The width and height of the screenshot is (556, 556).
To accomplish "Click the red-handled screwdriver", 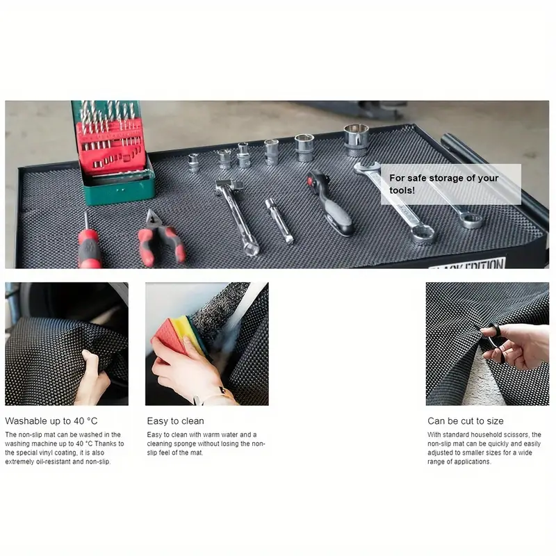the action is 88,245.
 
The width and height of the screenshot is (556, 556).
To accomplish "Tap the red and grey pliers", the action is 160,238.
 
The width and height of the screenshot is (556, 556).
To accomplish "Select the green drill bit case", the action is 113,152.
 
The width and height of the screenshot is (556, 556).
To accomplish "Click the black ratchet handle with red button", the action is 330,202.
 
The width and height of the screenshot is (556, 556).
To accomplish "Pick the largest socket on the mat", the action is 357,140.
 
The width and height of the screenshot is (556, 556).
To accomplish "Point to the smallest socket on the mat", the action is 194,163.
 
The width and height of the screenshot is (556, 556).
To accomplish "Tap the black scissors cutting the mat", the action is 491,341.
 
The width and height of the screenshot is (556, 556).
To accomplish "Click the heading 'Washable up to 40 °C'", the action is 51,421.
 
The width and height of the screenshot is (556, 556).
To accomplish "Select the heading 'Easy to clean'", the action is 176,421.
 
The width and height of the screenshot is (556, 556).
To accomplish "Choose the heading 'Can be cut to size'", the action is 465,421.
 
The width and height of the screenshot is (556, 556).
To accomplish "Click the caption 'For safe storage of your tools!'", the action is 443,184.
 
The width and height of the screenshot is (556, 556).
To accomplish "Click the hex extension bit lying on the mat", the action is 280,220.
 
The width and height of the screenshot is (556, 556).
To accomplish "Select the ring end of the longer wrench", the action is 423,234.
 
